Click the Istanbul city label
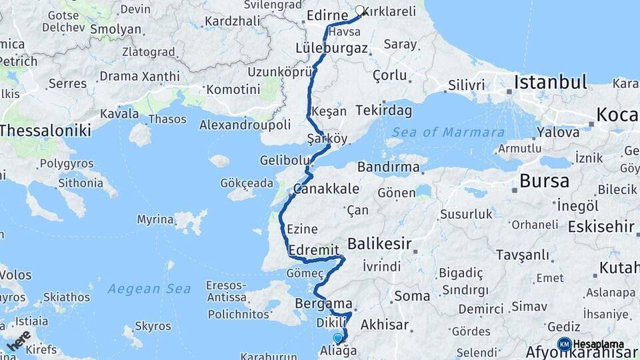coord(550,83)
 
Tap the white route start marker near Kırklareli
coord(360,11)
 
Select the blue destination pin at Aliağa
coord(337,338)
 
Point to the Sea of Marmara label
coord(448,132)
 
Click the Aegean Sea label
coord(149,289)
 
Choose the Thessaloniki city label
coord(45,130)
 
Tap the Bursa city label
coord(544,181)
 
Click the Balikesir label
coord(379,243)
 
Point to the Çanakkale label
coord(327,189)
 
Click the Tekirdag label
coord(384,110)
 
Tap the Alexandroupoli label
coord(245,125)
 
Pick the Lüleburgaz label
coord(331,48)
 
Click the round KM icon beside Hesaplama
coord(564,344)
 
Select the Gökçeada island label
coord(247,183)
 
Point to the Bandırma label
coord(388,167)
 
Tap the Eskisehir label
coord(601,227)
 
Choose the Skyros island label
coord(153,326)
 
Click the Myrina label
coord(155,219)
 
